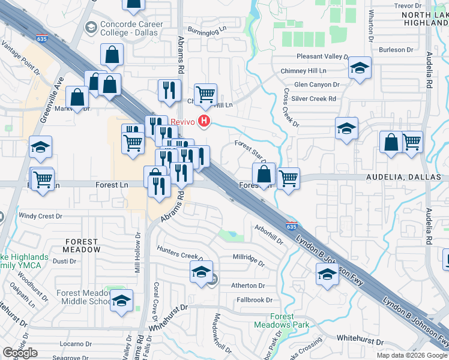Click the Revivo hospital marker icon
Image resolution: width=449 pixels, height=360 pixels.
tap(205, 122)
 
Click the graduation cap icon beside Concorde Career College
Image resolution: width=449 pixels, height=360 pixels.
tap(91, 27)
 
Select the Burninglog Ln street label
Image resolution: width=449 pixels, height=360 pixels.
tap(208, 28)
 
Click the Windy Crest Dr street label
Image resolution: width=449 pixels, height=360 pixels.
tap(41, 215)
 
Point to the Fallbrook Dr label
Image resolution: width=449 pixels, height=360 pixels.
tap(254, 300)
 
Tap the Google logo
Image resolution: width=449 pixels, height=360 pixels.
tap(20, 353)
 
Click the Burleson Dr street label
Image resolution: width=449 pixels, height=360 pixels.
tap(396, 50)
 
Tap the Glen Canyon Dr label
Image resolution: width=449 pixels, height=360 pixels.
tap(317, 85)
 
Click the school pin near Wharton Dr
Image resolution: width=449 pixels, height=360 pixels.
tap(360, 68)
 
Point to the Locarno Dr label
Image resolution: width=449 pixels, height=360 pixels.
tap(74, 344)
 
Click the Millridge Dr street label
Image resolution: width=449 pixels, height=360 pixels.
tap(248, 260)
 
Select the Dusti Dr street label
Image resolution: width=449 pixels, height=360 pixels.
tap(64, 261)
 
